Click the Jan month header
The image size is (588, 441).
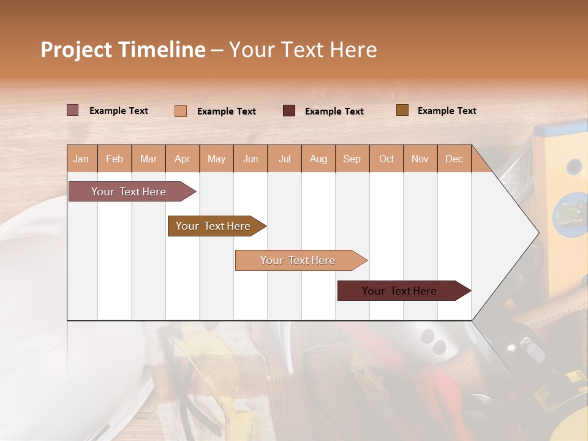pos(81,159)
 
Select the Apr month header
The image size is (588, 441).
pos(183,159)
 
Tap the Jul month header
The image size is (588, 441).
pos(285,159)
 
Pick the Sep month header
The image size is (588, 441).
pos(352,159)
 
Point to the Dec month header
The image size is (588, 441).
pos(454,159)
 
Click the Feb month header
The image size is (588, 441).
pos(115,159)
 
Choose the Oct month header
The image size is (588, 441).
pos(386,159)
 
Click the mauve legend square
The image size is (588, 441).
pos(72,110)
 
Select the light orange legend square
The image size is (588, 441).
pos(181,111)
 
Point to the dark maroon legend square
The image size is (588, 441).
pos(289,110)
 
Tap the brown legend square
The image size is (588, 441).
pos(402,110)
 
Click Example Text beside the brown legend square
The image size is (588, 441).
pos(447,111)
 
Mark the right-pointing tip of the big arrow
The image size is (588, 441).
pos(537,233)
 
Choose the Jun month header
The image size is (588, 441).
pos(251,159)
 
